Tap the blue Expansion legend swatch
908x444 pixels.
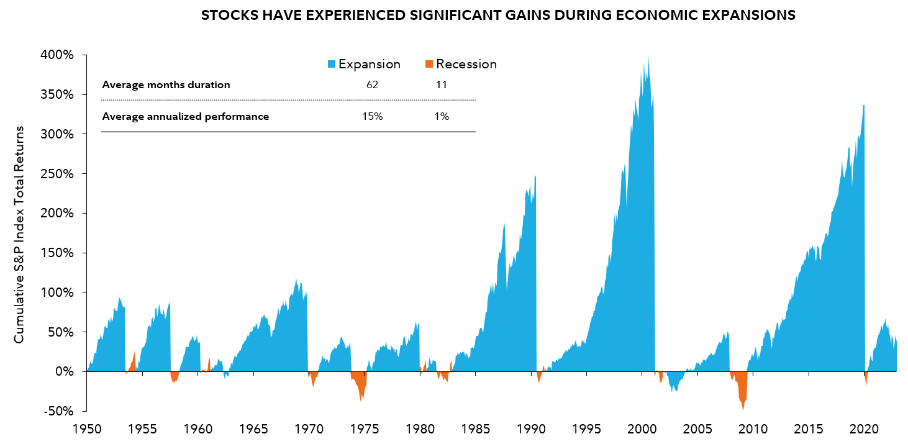pos(332,64)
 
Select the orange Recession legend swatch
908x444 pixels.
pos(429,64)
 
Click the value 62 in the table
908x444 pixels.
pos(373,85)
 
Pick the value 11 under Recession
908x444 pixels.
pos(442,85)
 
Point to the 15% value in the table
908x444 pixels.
pos(373,116)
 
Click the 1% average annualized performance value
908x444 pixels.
pos(442,116)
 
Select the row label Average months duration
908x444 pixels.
pos(166,85)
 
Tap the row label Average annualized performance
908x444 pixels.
pos(185,116)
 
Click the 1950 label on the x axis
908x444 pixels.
pos(87,428)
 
